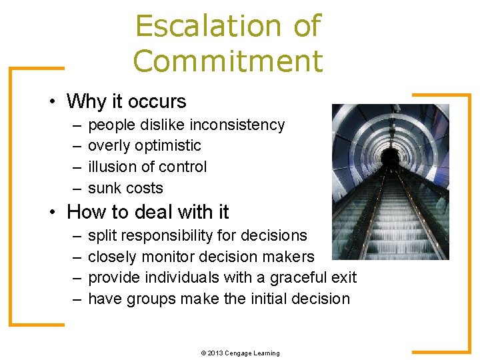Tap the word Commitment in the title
227,61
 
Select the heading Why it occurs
126,101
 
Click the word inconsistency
237,125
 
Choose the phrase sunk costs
125,189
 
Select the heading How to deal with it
147,212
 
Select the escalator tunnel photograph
391,181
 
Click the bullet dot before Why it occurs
51,102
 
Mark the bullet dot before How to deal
51,213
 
